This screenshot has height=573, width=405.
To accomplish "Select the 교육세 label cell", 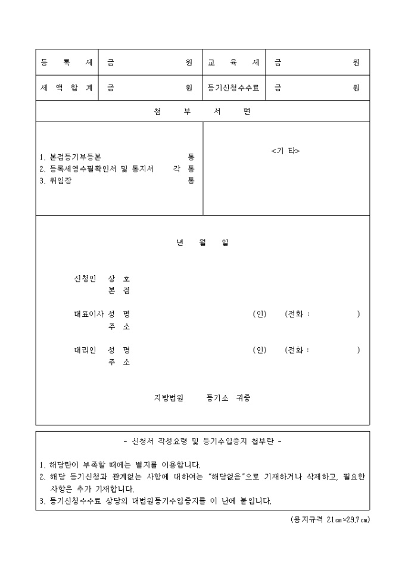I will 233,63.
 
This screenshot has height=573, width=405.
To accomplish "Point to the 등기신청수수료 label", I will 233,88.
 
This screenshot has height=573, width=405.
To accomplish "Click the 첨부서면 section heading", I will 202,111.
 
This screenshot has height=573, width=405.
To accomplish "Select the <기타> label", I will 285,151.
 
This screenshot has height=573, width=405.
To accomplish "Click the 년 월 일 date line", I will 202,243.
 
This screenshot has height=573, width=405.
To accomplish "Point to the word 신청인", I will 85,279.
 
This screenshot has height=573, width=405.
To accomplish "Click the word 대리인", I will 85,350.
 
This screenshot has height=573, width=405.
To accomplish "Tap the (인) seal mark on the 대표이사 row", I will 259,314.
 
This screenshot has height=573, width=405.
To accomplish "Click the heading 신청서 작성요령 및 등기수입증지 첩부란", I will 202,442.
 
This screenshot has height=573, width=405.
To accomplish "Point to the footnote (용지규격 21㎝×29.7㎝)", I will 330,519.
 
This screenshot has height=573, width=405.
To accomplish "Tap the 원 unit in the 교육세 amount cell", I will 356,63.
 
